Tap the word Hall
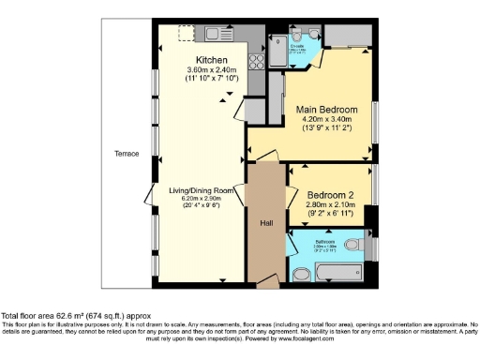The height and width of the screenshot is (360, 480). point(266,224)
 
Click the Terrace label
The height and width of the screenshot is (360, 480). point(127,153)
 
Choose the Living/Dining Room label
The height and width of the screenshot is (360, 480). point(201,191)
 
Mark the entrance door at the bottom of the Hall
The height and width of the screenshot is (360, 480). point(266,280)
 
